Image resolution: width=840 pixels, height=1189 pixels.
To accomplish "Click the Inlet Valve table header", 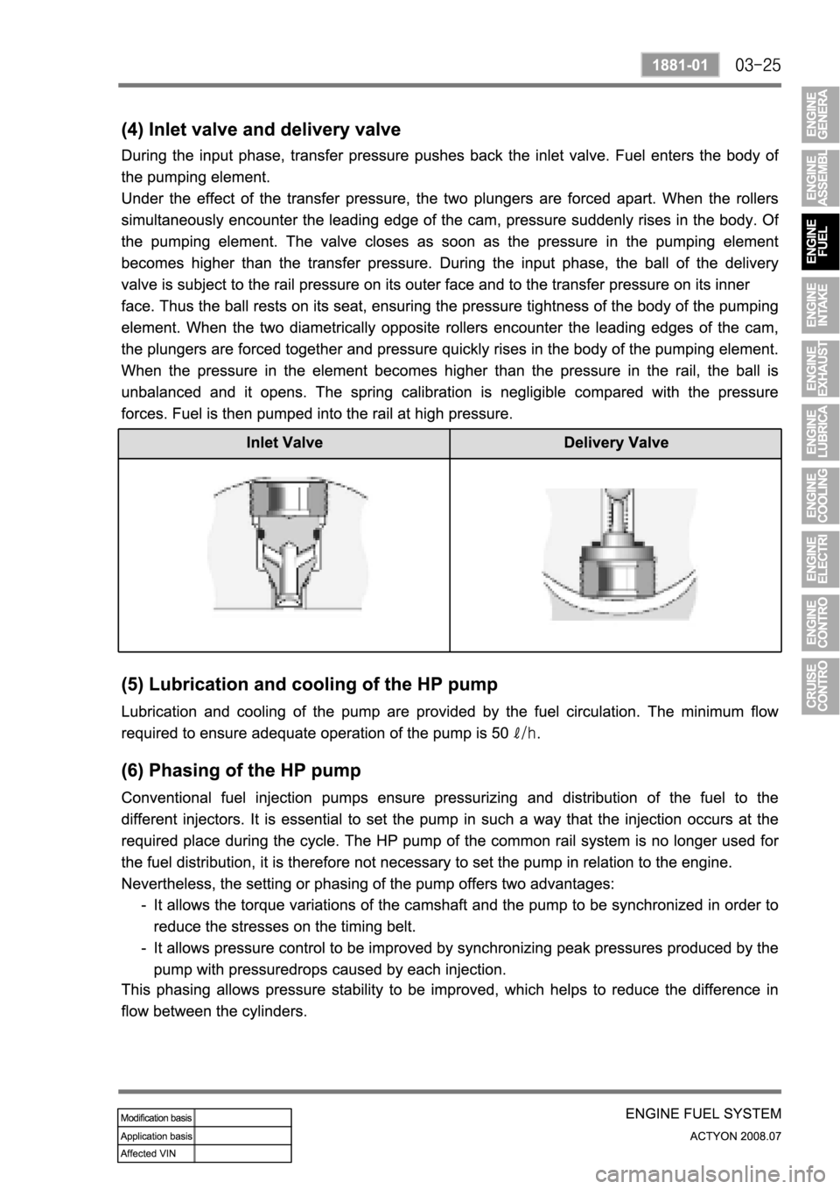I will pyautogui.click(x=283, y=443).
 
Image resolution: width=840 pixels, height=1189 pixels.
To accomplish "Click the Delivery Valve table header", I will pyautogui.click(x=616, y=443).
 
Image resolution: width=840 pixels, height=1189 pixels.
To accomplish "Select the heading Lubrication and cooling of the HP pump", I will pyautogui.click(x=307, y=684).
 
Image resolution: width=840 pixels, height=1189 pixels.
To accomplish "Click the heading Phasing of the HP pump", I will pyautogui.click(x=239, y=771).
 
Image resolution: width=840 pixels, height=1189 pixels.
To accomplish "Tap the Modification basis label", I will pyautogui.click(x=156, y=1117).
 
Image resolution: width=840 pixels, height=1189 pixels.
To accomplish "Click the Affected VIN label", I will pyautogui.click(x=156, y=1152).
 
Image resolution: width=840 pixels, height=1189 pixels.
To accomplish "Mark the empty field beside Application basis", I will pyautogui.click(x=242, y=1135).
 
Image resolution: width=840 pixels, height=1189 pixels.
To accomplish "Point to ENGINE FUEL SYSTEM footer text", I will pyautogui.click(x=702, y=1114).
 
